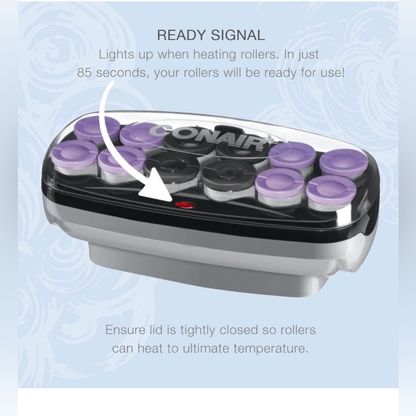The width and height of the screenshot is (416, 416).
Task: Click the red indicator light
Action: pyautogui.click(x=185, y=205)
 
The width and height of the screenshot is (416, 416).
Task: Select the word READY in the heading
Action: pyautogui.click(x=181, y=35)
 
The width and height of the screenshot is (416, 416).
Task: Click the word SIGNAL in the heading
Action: pyautogui.click(x=237, y=35)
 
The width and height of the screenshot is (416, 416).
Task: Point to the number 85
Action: pyautogui.click(x=84, y=72)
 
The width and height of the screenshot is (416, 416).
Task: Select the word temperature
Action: pyautogui.click(x=271, y=349)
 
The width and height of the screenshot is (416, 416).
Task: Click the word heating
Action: pyautogui.click(x=214, y=55)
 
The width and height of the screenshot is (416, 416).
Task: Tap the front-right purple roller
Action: pyautogui.click(x=331, y=192)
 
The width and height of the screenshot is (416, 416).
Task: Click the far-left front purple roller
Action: pyautogui.click(x=75, y=156)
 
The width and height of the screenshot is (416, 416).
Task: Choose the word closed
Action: pyautogui.click(x=239, y=330)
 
